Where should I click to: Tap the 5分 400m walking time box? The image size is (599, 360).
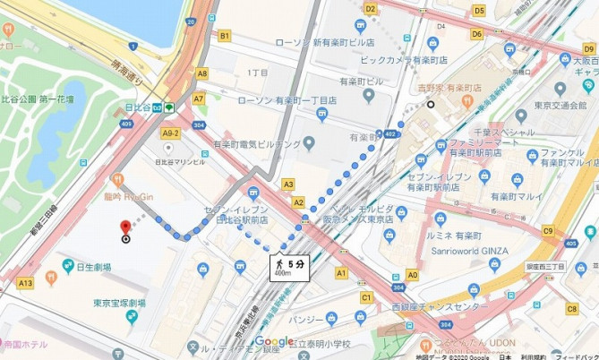click(293, 267)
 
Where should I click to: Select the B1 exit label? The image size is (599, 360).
click(225, 36)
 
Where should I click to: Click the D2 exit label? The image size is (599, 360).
click(370, 9)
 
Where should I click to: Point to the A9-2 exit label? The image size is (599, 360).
click(170, 133)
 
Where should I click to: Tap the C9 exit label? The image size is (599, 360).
click(548, 231)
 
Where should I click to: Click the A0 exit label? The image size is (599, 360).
click(412, 275)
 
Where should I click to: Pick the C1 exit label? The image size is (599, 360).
click(365, 296)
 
